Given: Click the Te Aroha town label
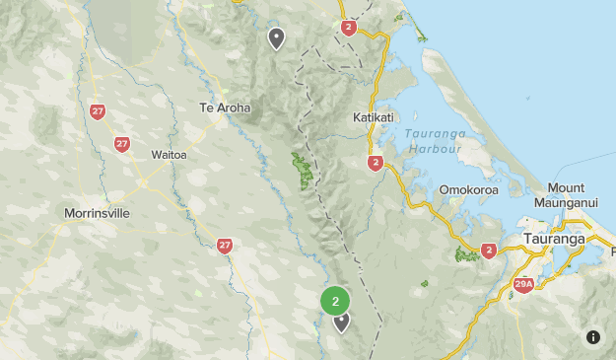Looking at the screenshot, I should tap(225, 108).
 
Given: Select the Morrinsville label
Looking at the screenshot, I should tap(97, 213).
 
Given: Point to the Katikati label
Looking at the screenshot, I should tap(373, 117).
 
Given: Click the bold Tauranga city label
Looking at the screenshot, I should tap(555, 239).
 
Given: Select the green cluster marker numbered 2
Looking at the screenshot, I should tap(336, 301).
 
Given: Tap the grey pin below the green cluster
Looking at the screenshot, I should tap(342, 321).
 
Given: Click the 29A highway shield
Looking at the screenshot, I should tap(523, 285).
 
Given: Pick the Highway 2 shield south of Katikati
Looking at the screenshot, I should tap(375, 163).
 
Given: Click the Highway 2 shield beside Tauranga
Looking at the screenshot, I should tap(489, 252).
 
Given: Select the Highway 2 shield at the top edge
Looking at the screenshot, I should tap(349, 28).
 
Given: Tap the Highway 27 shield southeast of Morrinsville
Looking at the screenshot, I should tap(225, 246).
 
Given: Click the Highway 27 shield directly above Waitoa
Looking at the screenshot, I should tap(122, 144).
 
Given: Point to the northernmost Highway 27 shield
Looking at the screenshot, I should tap(97, 111).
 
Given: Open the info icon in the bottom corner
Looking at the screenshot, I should tap(593, 337).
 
